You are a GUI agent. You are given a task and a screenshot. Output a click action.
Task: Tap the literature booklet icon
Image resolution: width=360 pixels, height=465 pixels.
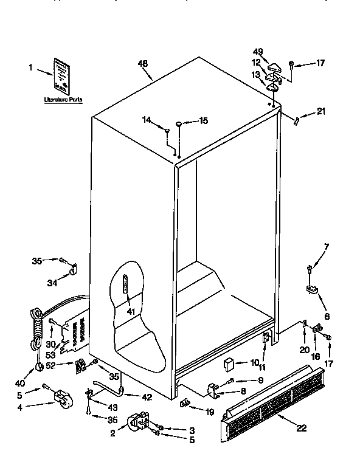point(62,74)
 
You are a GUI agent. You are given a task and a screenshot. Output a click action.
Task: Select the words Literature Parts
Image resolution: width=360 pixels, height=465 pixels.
point(63,98)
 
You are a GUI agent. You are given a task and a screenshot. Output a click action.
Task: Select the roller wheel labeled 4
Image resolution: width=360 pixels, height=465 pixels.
point(60,399)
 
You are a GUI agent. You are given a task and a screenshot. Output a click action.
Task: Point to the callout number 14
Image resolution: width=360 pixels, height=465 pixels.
point(147,120)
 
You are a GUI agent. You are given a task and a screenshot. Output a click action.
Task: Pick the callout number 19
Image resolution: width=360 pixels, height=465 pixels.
point(210,412)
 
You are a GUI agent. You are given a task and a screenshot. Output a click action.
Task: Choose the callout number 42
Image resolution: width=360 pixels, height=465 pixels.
point(147,397)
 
